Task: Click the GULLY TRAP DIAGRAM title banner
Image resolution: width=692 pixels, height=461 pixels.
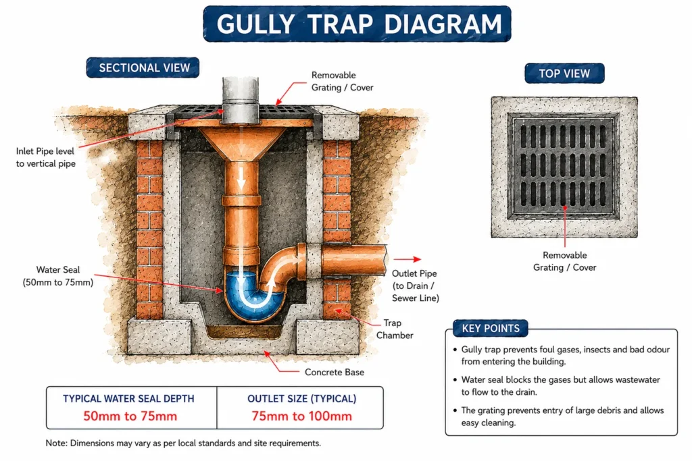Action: tap(357, 24)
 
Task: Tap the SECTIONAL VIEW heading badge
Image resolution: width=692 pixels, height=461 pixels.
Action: tap(143, 67)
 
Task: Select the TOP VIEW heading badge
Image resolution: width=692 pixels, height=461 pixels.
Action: tap(564, 73)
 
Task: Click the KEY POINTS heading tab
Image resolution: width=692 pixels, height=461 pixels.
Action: tap(491, 328)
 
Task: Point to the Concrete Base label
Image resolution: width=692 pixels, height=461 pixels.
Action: tap(335, 372)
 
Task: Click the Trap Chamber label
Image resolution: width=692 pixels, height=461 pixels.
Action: tap(395, 329)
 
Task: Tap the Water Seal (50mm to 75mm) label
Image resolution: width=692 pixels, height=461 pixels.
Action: tap(58, 276)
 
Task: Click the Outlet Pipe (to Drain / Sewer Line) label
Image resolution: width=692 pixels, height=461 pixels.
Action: tap(416, 286)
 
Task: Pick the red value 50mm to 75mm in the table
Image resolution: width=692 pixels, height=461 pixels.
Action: tap(130, 416)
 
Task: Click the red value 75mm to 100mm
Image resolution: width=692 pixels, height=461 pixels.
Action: tap(302, 416)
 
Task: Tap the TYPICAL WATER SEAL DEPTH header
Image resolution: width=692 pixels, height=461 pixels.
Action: tap(128, 398)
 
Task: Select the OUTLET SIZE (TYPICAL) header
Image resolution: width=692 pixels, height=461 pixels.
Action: tap(302, 398)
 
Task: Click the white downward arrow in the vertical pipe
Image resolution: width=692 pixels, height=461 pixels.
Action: tap(241, 178)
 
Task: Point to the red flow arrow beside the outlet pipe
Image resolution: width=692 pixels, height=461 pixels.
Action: tap(407, 259)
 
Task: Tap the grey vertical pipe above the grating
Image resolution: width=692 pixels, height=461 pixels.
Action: tap(240, 100)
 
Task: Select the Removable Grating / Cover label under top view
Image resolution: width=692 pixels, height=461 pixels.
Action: tap(564, 261)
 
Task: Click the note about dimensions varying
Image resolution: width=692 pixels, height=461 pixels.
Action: tap(183, 443)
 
